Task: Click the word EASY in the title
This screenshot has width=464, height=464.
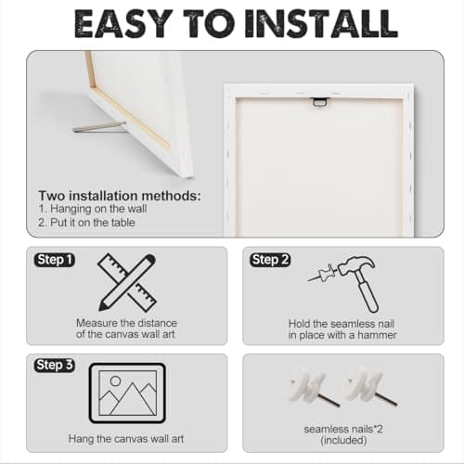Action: click(123, 23)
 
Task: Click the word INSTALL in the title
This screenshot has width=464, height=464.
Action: click(321, 23)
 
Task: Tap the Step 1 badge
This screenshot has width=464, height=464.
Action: click(55, 260)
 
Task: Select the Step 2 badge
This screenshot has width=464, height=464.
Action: click(270, 260)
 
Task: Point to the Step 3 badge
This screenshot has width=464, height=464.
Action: click(55, 365)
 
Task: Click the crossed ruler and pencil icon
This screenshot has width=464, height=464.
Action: click(127, 282)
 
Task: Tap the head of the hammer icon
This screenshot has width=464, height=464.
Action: click(355, 265)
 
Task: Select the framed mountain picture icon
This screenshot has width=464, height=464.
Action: click(127, 393)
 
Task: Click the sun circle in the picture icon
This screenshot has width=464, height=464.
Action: click(115, 381)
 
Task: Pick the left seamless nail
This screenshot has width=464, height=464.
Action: click(313, 387)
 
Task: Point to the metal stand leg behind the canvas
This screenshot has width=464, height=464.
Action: click(99, 127)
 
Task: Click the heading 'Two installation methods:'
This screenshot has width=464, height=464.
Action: click(120, 196)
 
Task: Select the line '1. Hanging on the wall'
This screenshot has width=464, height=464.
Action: click(93, 209)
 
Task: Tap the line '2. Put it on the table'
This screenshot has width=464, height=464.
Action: click(86, 223)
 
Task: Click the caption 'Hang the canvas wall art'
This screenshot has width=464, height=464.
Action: click(126, 439)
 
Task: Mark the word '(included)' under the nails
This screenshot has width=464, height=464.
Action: click(343, 440)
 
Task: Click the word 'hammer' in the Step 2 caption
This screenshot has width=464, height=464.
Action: click(377, 335)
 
